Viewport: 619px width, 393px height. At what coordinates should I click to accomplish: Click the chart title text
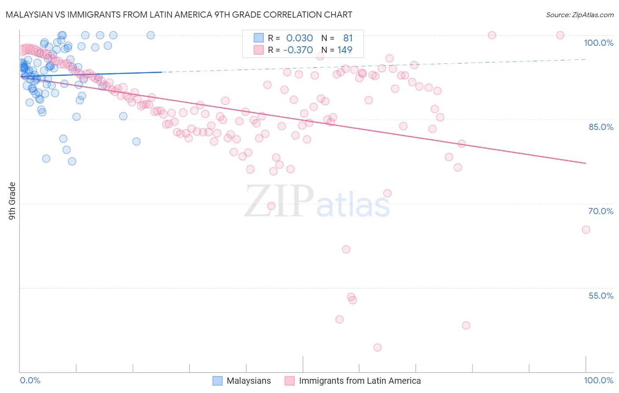click(179, 15)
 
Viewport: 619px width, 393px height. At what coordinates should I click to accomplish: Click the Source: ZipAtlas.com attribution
click(579, 15)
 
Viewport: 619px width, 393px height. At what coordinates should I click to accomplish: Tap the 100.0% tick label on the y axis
click(598, 43)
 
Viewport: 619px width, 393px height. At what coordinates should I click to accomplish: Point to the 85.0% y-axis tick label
click(601, 127)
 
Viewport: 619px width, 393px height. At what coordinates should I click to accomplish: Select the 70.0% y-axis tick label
click(601, 211)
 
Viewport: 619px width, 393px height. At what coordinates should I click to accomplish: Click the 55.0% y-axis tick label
click(601, 296)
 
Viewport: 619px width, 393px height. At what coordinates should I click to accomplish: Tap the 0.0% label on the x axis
click(30, 380)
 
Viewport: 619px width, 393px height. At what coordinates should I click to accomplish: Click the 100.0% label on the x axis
click(598, 380)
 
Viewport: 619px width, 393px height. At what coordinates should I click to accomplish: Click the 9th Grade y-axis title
click(12, 200)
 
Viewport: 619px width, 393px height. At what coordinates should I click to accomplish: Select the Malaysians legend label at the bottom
click(249, 381)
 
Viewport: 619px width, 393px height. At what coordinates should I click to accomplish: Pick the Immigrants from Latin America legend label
click(360, 381)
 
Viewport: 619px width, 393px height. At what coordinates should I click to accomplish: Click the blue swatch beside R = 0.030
click(258, 38)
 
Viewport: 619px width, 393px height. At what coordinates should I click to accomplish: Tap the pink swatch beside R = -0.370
click(258, 50)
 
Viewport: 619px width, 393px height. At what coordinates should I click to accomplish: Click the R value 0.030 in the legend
click(299, 38)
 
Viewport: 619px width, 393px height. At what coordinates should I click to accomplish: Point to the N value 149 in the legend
click(345, 50)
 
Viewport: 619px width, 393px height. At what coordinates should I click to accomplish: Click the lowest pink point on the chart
click(377, 348)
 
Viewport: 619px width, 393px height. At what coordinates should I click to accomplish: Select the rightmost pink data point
click(586, 230)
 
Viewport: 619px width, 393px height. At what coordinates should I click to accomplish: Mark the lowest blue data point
click(72, 161)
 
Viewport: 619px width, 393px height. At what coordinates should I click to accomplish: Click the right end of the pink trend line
click(586, 163)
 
